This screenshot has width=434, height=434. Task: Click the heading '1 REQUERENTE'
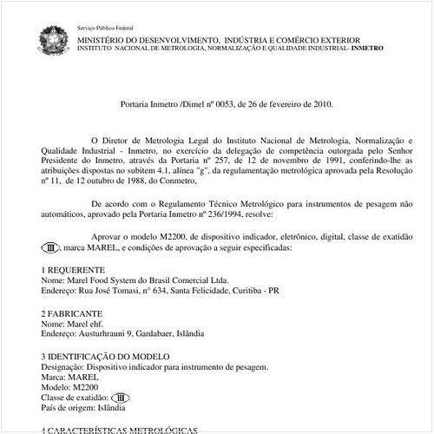[74, 271]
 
